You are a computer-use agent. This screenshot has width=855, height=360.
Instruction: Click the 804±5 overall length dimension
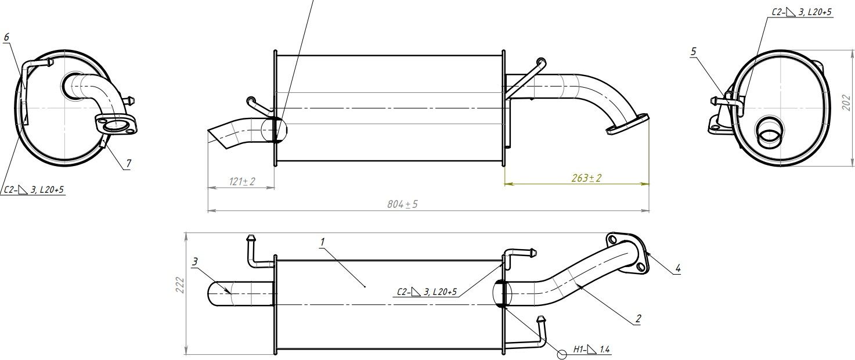pyautogui.click(x=402, y=204)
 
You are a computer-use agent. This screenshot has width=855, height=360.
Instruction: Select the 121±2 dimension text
pyautogui.click(x=242, y=181)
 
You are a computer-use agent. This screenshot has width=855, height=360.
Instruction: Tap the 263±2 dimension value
pyautogui.click(x=586, y=178)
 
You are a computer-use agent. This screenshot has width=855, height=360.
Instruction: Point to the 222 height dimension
pyautogui.click(x=180, y=285)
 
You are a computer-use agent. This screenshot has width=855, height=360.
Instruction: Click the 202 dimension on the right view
pyautogui.click(x=846, y=102)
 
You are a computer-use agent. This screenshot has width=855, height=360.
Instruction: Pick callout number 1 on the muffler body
pyautogui.click(x=323, y=242)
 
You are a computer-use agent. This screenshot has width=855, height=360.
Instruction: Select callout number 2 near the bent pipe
pyautogui.click(x=638, y=318)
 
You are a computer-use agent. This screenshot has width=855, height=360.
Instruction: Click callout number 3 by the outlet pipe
pyautogui.click(x=195, y=261)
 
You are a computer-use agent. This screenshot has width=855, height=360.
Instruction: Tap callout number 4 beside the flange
pyautogui.click(x=678, y=268)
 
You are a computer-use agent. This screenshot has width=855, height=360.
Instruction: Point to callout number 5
pyautogui.click(x=694, y=52)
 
